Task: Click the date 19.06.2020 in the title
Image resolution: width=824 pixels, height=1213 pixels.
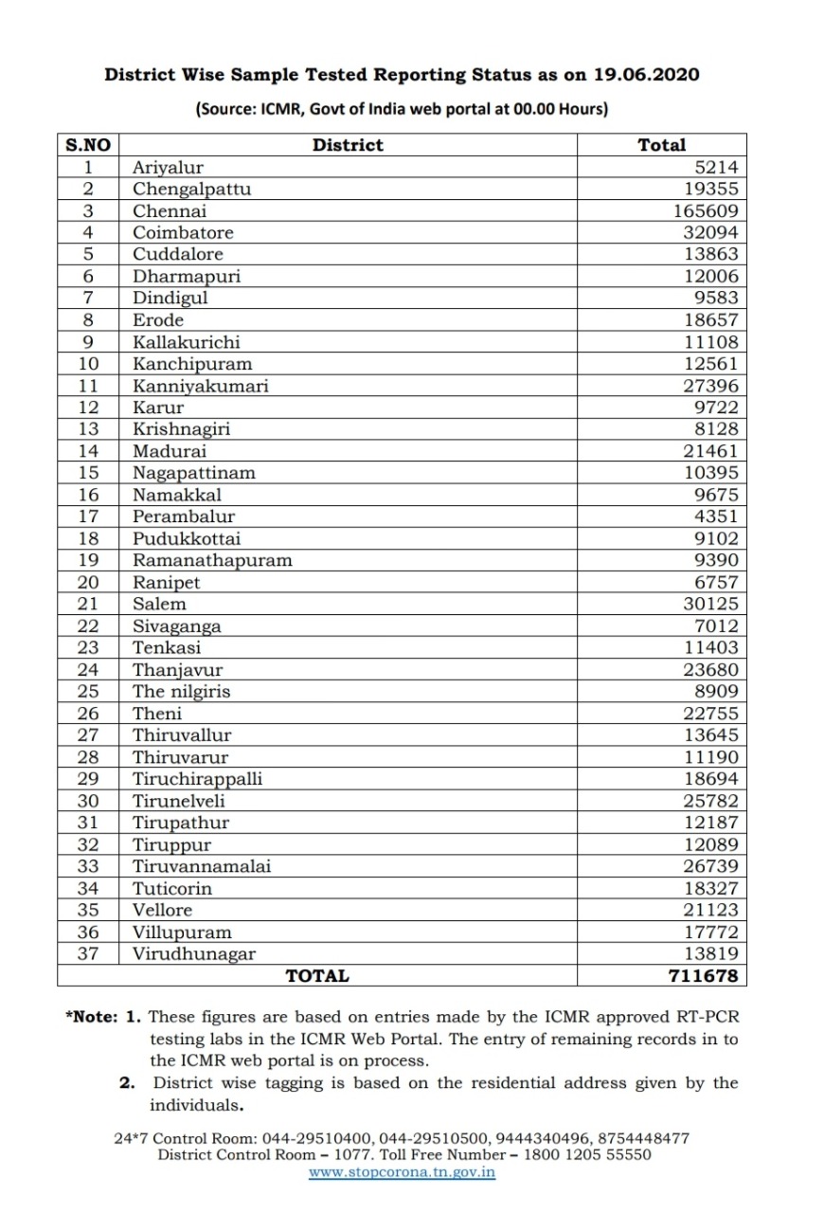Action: (x=648, y=74)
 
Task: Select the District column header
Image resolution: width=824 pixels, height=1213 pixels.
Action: (x=348, y=145)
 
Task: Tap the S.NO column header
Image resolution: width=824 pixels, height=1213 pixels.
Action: (x=88, y=145)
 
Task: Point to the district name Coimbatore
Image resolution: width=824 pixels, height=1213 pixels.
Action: (x=183, y=232)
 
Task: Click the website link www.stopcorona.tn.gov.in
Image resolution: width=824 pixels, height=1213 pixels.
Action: (x=403, y=1172)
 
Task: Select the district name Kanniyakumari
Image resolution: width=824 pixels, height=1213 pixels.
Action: (x=200, y=386)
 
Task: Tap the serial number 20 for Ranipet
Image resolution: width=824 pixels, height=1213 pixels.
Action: (x=88, y=583)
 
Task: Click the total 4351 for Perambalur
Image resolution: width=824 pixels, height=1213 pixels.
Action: (x=711, y=516)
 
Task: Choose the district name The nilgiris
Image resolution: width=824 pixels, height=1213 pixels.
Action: (x=181, y=692)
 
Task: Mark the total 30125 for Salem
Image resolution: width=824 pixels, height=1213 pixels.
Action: (x=706, y=604)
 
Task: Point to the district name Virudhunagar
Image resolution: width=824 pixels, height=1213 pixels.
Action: (x=193, y=954)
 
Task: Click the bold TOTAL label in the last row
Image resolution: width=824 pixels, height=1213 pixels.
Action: (x=317, y=975)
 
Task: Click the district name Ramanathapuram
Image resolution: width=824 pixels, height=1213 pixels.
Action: (x=212, y=560)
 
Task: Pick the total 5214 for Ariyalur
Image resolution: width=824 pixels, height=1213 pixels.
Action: (x=711, y=167)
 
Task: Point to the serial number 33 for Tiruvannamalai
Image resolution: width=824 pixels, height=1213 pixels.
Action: (x=88, y=866)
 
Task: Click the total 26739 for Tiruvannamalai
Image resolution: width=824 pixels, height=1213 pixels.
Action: (x=706, y=866)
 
